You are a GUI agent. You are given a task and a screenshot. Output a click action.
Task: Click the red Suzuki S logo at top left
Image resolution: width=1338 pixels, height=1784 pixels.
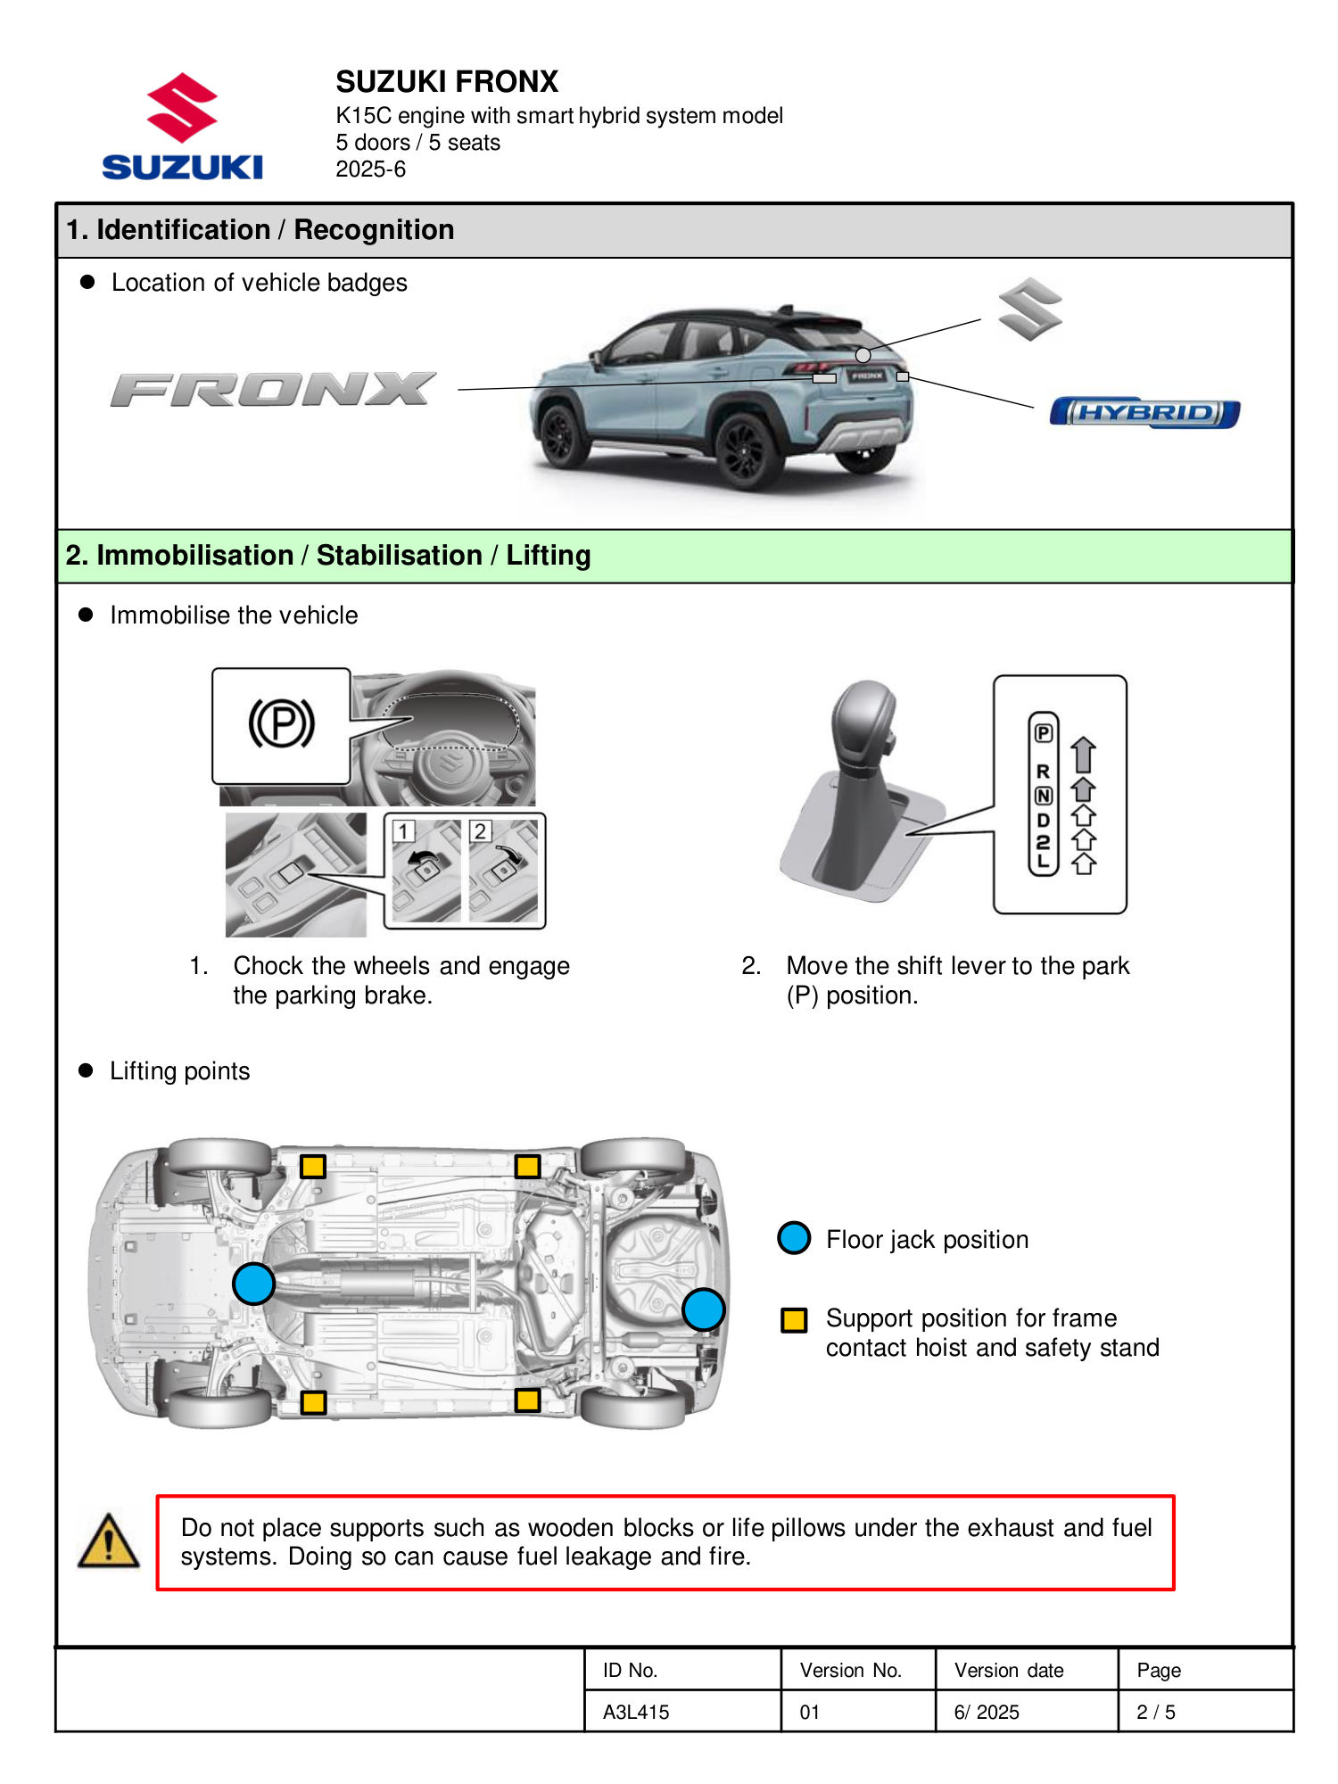182,108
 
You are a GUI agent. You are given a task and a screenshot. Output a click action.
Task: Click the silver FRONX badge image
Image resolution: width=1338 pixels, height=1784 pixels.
273,390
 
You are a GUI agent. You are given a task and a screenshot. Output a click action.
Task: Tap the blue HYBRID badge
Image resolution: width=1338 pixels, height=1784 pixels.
1144,413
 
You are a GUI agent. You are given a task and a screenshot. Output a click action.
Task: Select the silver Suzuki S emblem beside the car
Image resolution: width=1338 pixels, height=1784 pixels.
1030,310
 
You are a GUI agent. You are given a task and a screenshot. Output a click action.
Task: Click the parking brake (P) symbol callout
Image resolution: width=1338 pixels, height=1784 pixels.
281,723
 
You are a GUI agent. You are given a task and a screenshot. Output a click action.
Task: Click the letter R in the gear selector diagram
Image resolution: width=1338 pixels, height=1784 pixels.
1043,772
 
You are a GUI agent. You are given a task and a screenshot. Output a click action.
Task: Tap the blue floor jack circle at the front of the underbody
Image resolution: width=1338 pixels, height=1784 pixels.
253,1284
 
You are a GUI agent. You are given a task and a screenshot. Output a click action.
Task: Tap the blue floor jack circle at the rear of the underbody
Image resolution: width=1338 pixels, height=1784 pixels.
703,1309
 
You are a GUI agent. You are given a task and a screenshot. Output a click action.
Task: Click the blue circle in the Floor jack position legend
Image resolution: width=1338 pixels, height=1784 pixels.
794,1238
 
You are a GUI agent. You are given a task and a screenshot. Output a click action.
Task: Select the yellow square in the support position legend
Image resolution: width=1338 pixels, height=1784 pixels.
794,1319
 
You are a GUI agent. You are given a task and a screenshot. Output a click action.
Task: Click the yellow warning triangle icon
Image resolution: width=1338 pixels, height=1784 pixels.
109,1541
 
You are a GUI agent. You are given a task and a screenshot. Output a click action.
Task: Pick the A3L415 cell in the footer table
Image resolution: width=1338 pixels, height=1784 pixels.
636,1712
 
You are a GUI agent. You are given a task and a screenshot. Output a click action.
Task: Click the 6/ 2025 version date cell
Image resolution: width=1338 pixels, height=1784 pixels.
987,1712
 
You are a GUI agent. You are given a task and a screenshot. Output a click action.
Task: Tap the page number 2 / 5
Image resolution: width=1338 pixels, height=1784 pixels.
1155,1712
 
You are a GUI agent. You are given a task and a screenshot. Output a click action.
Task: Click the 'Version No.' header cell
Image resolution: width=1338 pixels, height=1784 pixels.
850,1670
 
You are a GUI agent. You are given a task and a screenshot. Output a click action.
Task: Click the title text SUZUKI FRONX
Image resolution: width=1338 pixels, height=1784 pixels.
447,82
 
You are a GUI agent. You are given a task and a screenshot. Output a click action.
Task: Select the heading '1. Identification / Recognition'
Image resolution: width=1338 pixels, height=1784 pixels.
260,230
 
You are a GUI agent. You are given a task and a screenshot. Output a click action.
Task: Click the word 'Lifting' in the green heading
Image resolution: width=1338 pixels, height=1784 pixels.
549,556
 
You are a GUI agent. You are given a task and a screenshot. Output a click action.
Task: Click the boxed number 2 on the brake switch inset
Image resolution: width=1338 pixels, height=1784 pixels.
480,831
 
